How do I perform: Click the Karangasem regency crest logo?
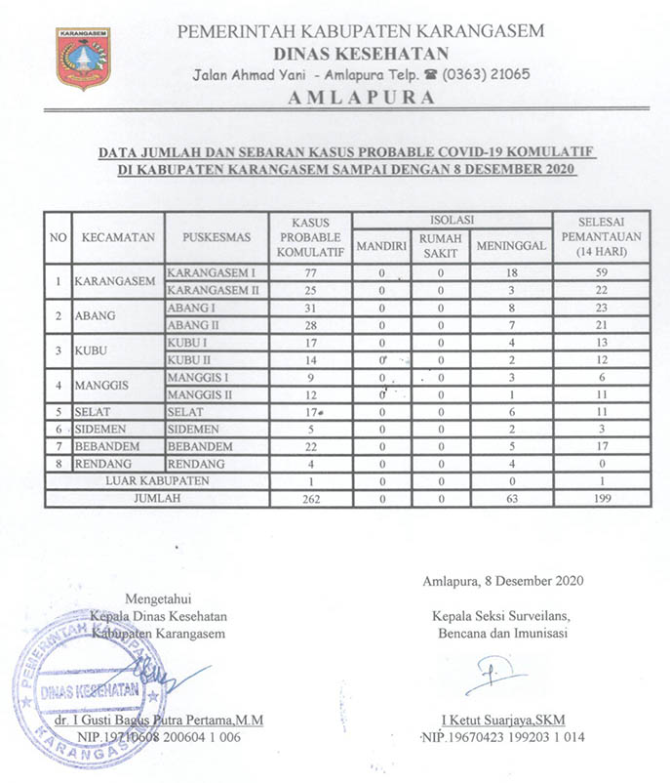(83, 60)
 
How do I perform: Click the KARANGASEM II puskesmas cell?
(212, 291)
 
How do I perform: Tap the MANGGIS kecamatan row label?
(110, 387)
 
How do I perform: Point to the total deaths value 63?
(511, 499)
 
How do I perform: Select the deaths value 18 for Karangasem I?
(511, 272)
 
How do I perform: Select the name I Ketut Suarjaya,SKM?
(497, 720)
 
